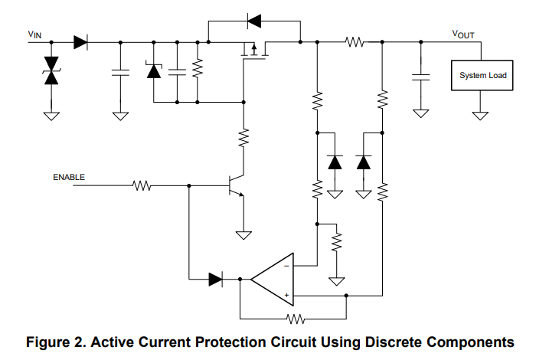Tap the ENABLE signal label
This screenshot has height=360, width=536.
(x=69, y=177)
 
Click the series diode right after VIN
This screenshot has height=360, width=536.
(x=81, y=43)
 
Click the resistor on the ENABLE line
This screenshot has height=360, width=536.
(x=142, y=185)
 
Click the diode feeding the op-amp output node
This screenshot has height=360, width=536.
(x=216, y=280)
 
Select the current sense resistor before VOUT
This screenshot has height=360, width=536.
(x=354, y=43)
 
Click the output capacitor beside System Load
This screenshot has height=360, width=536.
(x=420, y=76)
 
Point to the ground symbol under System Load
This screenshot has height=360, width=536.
(x=480, y=116)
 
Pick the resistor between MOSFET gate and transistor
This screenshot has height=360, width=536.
(x=243, y=138)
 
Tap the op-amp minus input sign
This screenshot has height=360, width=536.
(x=286, y=266)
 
